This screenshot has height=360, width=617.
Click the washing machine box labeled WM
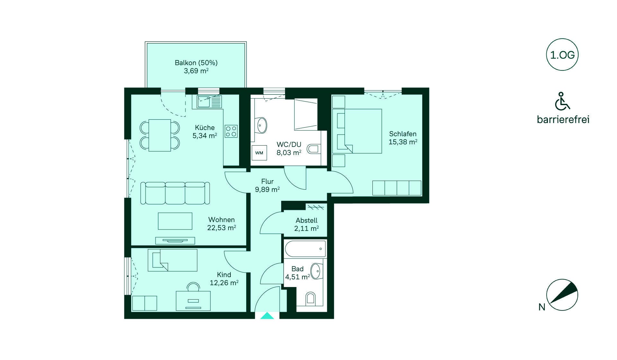pyautogui.click(x=259, y=153)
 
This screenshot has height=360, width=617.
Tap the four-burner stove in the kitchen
pyautogui.click(x=231, y=131)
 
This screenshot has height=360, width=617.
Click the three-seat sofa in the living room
pyautogui.click(x=175, y=193)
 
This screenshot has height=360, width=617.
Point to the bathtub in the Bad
pyautogui.click(x=305, y=249)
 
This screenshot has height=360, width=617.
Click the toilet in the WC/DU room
pyautogui.click(x=314, y=149)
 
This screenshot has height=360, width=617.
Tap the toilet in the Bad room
pyautogui.click(x=310, y=298)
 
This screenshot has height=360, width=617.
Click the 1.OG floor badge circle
pyautogui.click(x=562, y=55)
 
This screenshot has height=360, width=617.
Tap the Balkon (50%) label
pyautogui.click(x=196, y=63)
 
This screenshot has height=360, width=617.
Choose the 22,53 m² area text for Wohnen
pyautogui.click(x=222, y=228)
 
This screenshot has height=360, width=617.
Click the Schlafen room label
pyautogui.click(x=403, y=134)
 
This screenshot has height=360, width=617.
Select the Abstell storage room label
pyautogui.click(x=307, y=221)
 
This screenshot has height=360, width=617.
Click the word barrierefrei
pyautogui.click(x=563, y=120)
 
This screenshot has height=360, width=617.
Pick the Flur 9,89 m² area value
pyautogui.click(x=267, y=190)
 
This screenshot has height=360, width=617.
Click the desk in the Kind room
pyautogui.click(x=193, y=301)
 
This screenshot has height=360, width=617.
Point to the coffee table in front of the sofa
pyautogui.click(x=175, y=221)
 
